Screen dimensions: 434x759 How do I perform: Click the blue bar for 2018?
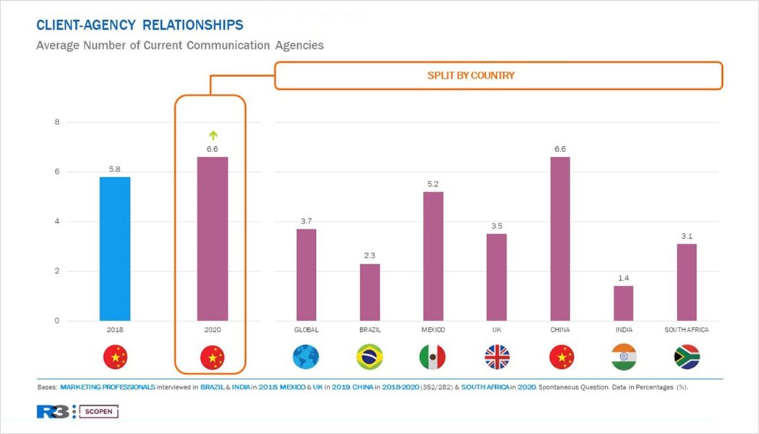pos(115,249)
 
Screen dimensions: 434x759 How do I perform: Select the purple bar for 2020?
pos(213,239)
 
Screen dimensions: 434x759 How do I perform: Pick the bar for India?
pos(623,303)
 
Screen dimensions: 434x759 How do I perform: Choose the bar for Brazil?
pos(369,292)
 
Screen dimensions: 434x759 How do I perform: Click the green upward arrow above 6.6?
pos(213,135)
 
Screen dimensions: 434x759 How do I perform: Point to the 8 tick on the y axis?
pos(57,122)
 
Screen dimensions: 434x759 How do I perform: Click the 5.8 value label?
pos(115,169)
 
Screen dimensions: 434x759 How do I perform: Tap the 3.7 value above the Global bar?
pos(306,221)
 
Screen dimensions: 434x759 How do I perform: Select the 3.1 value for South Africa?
pos(687,236)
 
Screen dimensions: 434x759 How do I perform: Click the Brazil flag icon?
pos(369,357)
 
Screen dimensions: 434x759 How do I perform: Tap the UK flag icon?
pos(497,357)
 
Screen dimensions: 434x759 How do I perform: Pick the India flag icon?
pos(623,357)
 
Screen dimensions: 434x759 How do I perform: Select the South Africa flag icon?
pos(687,357)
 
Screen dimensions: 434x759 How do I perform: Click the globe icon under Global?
pos(306,357)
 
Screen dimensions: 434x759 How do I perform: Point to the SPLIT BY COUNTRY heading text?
pos(471,75)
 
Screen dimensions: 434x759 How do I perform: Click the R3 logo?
pos(52,412)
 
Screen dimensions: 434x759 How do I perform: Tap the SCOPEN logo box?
pos(99,412)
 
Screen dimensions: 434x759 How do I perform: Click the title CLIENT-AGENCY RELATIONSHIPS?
pos(140,25)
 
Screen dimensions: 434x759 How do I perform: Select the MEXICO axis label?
pos(432,330)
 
